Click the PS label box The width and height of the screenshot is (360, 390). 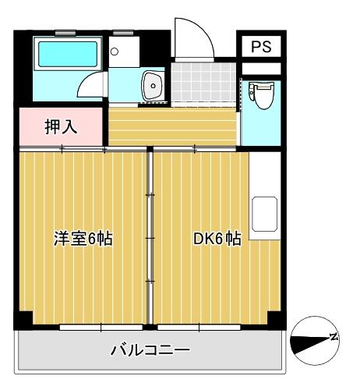[x=261, y=46]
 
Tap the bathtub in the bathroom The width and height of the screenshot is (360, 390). [x=68, y=54]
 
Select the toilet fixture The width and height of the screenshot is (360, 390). [x=261, y=95]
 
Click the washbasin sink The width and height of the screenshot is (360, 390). [x=153, y=85]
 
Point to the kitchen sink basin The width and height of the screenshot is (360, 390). [x=264, y=214]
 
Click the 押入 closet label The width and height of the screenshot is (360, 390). [x=61, y=127]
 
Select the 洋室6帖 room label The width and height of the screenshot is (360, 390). [x=83, y=239]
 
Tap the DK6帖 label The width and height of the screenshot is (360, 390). [x=217, y=239]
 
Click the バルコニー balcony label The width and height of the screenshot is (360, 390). [x=150, y=350]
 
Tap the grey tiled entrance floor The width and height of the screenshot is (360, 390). [x=203, y=82]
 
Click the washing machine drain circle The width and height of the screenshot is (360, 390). [x=115, y=51]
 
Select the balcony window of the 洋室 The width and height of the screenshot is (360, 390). [x=101, y=327]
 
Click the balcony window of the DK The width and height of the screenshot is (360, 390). [x=199, y=327]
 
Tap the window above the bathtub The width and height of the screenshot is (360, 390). [x=65, y=33]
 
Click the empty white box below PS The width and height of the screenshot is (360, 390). [x=261, y=69]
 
